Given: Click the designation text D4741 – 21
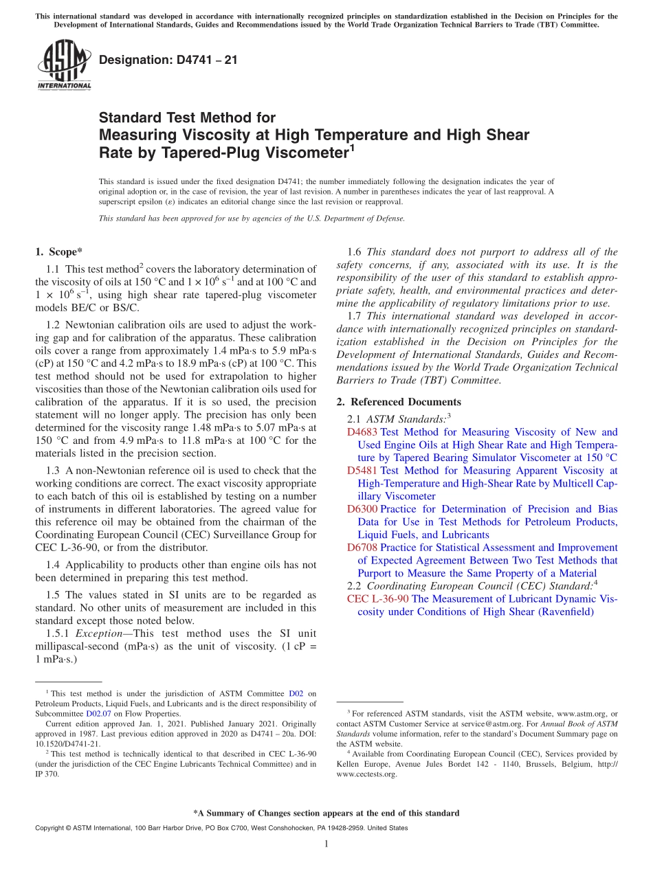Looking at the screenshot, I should tap(168, 60).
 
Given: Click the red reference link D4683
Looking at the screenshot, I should tap(362, 432).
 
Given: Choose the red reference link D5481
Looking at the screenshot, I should tap(362, 471).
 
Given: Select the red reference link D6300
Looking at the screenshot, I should tap(362, 509).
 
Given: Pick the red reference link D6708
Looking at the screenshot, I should tap(362, 548).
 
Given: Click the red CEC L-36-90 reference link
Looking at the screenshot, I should tap(378, 598).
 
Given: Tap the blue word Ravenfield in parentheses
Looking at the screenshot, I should tap(565, 612).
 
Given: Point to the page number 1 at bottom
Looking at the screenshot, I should tap(326, 844).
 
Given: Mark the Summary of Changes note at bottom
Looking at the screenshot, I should tap(326, 813).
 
